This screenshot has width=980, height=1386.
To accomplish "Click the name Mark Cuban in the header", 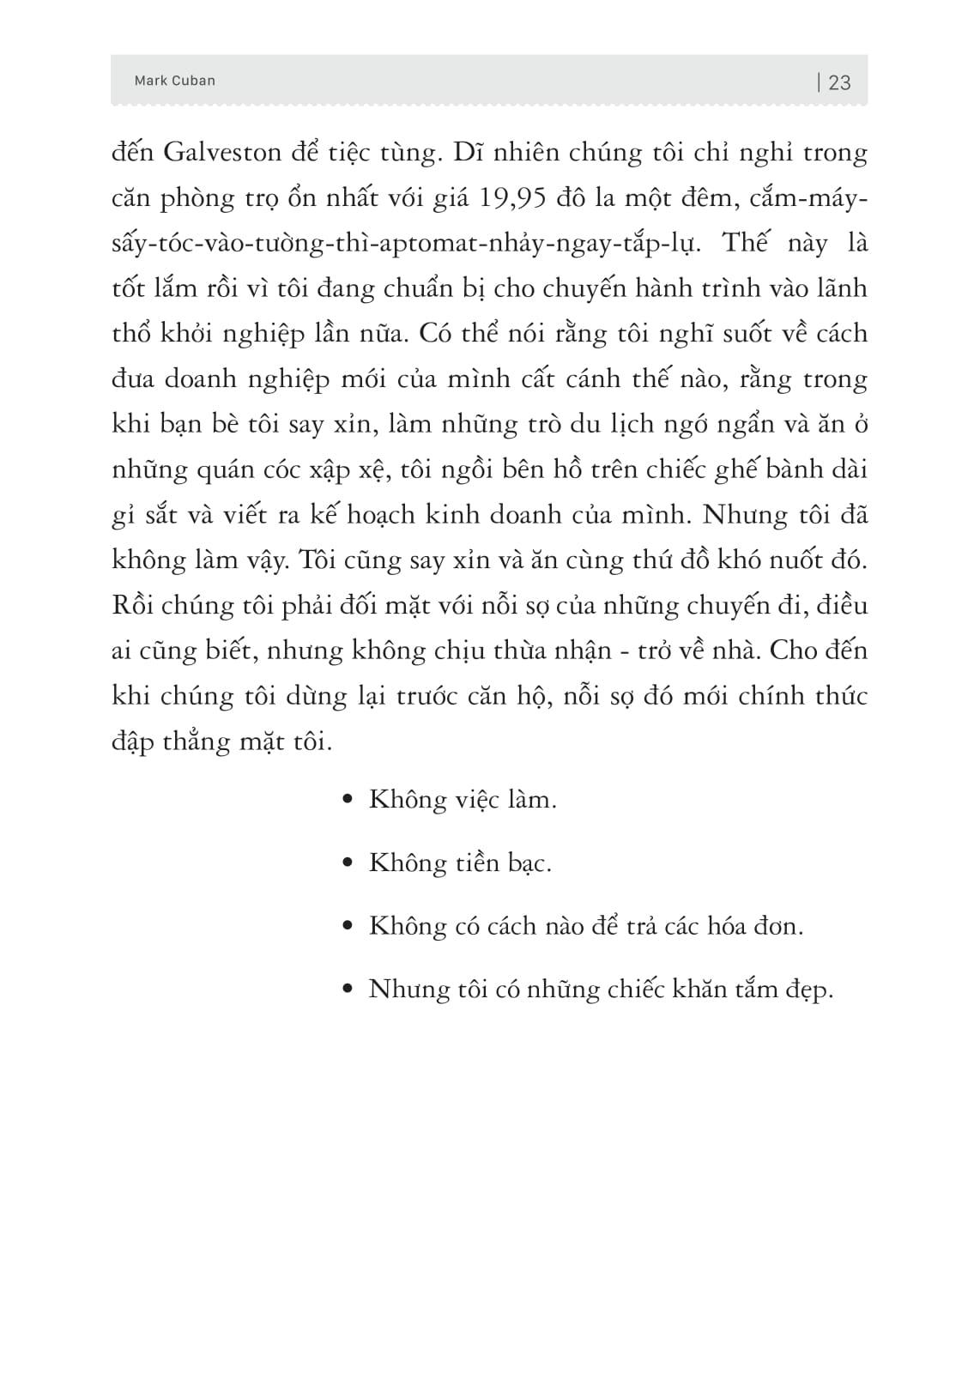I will pos(175,81).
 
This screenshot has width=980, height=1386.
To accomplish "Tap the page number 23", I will pos(840,82).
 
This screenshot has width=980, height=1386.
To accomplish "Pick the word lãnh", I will pos(840,287).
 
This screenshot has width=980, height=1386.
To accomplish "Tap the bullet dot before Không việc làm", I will pos(348,800).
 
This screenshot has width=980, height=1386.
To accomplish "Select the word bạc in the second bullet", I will pos(529,863).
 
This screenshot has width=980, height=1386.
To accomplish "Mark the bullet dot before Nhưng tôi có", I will pos(348,990).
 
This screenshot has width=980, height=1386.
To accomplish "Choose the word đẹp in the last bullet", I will pos(808,990).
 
